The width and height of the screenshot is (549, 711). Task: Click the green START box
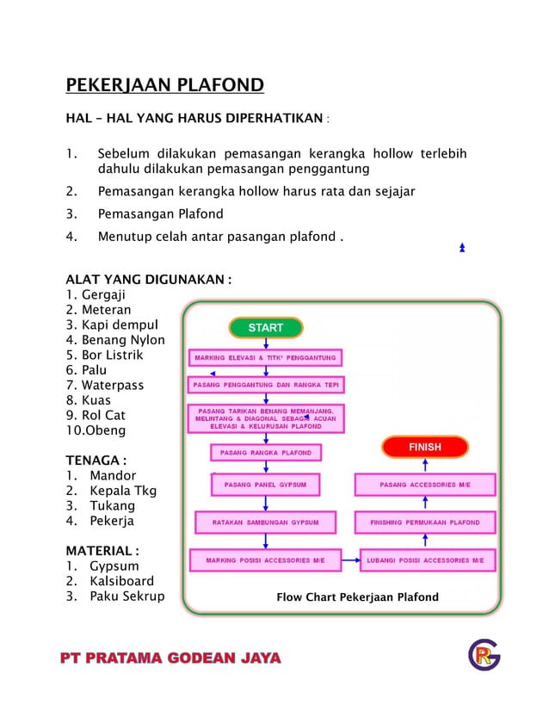coord(265,328)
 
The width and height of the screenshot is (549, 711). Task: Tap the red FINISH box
coord(424,448)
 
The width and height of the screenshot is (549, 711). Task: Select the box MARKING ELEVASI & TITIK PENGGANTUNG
coord(265,357)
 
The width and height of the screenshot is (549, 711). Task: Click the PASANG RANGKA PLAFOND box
coord(266,453)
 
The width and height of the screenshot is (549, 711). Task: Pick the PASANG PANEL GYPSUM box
coord(266,485)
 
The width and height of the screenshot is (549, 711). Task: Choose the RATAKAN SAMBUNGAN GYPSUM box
coord(266,522)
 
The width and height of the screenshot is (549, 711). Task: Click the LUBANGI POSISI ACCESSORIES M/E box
coord(428,560)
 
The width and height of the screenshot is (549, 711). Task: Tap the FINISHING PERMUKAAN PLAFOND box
coord(424,522)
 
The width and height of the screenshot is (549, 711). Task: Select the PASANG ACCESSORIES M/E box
coord(424,485)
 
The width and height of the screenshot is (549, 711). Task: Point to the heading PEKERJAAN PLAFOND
coord(164,85)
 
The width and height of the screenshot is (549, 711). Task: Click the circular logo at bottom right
coord(484,656)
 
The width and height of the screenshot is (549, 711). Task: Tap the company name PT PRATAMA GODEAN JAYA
coord(170,658)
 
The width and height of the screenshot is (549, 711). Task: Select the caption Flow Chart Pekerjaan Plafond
coord(357,597)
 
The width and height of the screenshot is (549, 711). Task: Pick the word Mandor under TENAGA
coord(112,476)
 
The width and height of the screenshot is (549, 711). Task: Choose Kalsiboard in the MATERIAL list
coord(121,581)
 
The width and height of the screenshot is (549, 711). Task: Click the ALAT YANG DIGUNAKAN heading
coord(148,280)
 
